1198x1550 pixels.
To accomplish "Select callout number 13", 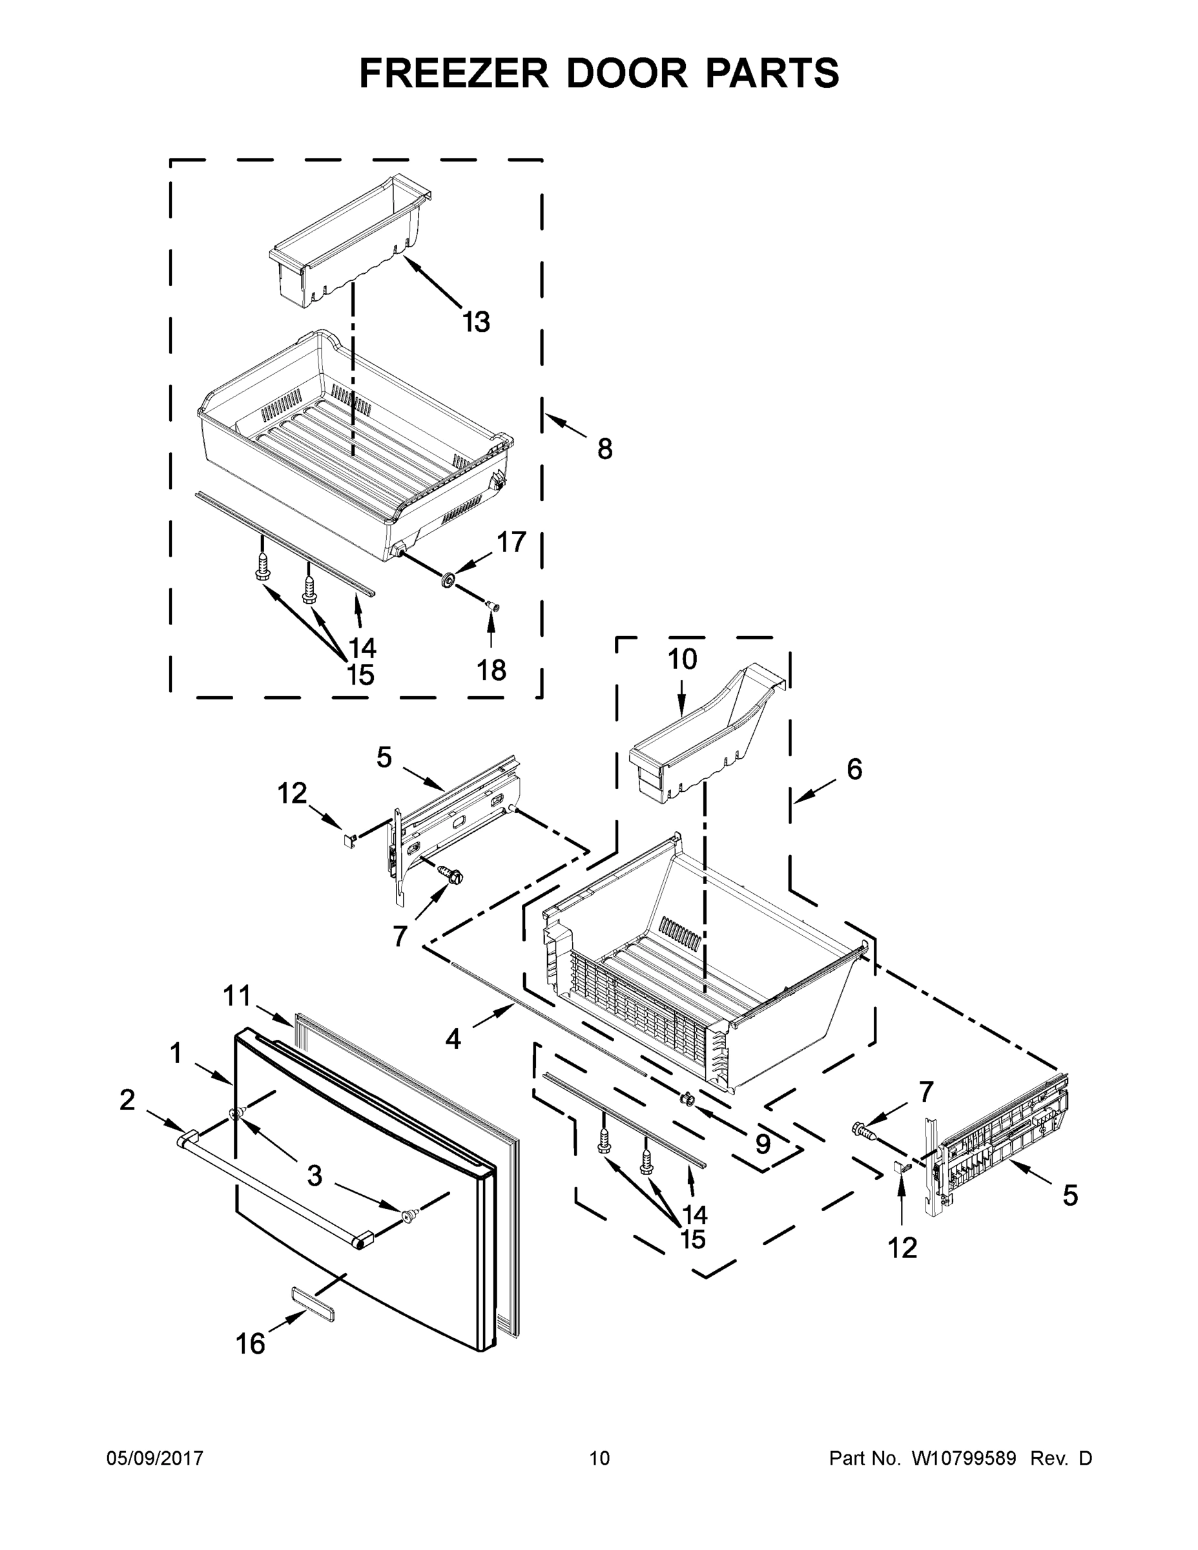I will (x=476, y=322).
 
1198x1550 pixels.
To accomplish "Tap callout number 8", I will (x=604, y=449).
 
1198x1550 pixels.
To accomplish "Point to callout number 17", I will (x=511, y=542).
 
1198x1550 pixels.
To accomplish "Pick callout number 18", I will (x=491, y=669).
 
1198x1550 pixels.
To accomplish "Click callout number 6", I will (x=854, y=769).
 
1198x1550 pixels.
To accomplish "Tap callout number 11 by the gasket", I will (x=237, y=996).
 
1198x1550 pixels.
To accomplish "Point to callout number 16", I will (x=250, y=1343).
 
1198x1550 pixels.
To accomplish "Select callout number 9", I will (x=762, y=1143).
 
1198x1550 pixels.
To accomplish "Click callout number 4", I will (x=453, y=1040).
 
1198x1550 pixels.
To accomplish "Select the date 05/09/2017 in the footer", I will (x=155, y=1458).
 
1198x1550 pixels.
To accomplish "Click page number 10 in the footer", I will (x=599, y=1458).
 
